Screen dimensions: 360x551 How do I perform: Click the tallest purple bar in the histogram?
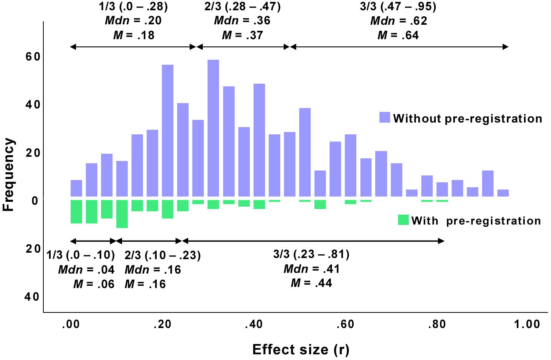(x=213, y=128)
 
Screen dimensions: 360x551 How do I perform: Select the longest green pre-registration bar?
(x=122, y=214)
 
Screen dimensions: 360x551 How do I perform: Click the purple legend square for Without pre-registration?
(x=385, y=117)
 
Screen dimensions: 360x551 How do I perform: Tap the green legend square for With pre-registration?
(x=403, y=220)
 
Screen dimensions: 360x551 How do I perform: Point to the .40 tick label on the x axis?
(x=253, y=325)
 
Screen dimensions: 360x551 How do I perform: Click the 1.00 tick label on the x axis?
(x=527, y=325)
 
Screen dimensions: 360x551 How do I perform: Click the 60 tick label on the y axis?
(x=33, y=57)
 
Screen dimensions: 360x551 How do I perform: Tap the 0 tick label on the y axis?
(x=35, y=201)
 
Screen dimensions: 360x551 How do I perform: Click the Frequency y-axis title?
(x=8, y=175)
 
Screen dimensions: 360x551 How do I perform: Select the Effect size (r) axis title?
(x=300, y=350)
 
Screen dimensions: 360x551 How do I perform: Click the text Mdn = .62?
(x=399, y=21)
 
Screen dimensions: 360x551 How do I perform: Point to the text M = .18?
(x=134, y=35)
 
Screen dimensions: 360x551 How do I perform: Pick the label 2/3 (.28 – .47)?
(x=243, y=6)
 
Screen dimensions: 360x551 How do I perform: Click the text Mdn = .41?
(x=311, y=269)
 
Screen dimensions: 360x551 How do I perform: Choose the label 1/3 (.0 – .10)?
(x=81, y=255)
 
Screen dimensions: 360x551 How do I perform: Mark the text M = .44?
(x=311, y=283)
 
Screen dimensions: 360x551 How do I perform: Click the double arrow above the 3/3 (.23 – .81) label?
(x=313, y=241)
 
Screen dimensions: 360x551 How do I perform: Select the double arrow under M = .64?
(x=399, y=47)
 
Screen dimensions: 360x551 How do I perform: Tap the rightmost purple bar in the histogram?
(x=503, y=193)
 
